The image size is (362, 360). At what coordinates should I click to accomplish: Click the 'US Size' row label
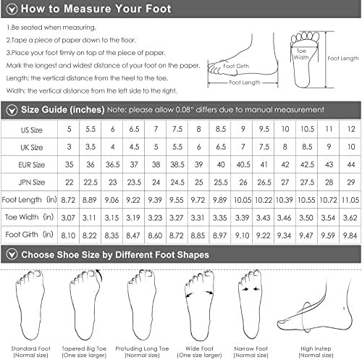(x=32, y=130)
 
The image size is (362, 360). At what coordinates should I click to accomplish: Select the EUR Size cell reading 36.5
(x=112, y=164)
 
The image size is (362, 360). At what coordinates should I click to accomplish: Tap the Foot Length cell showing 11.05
(x=350, y=200)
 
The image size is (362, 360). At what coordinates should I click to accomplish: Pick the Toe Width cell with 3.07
(x=68, y=218)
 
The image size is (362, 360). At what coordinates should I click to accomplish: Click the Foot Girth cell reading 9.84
(x=350, y=235)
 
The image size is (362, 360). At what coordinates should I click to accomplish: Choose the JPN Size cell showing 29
(x=351, y=182)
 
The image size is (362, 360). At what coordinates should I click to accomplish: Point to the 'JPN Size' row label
(x=32, y=182)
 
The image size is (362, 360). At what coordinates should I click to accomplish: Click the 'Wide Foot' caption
(x=199, y=348)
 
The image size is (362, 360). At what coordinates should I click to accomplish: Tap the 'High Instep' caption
(x=316, y=348)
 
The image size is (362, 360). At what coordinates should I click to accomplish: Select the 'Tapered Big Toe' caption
(x=84, y=348)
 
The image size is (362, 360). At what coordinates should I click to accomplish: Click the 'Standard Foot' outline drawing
(x=30, y=305)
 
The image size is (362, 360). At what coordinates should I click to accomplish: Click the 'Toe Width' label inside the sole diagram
(x=301, y=54)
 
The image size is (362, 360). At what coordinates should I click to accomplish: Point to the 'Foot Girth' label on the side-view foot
(x=236, y=66)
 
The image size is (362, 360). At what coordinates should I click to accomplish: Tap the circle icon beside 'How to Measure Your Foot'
(x=12, y=9)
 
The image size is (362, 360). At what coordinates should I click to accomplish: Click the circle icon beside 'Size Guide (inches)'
(x=12, y=110)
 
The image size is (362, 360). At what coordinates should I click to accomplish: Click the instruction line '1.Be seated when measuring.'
(x=51, y=28)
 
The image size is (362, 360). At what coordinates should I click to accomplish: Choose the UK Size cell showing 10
(x=351, y=147)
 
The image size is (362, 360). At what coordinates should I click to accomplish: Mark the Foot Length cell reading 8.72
(x=68, y=200)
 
